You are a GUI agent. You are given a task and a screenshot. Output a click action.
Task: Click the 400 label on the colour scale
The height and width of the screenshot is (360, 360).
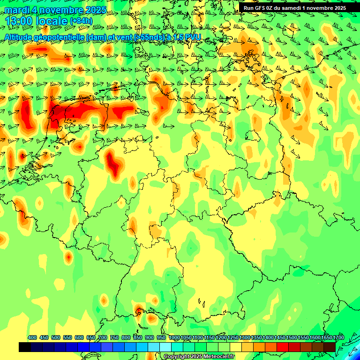[32, 337]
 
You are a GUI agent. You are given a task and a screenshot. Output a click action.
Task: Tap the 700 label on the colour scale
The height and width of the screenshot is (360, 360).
[103, 337]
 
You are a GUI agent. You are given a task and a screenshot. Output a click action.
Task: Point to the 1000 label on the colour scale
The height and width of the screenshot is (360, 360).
[174, 337]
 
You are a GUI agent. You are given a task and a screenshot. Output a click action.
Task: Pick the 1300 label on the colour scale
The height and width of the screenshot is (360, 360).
[245, 337]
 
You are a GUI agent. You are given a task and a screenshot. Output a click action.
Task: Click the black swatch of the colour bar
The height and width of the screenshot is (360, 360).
[25, 347]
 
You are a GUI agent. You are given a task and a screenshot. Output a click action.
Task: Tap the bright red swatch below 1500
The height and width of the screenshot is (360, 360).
[283, 347]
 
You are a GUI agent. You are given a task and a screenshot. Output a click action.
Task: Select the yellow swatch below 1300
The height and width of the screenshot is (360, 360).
[236, 347]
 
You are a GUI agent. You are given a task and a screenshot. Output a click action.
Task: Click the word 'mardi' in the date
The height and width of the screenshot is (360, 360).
[17, 10]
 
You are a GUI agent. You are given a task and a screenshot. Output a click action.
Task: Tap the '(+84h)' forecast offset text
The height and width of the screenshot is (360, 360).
[81, 21]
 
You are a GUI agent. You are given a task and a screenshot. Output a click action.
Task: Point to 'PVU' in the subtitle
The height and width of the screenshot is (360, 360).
[193, 37]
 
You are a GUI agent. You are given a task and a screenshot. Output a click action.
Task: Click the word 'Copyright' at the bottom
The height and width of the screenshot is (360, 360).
[177, 357]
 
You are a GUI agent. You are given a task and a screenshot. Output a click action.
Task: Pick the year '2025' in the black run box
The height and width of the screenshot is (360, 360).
[339, 8]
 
